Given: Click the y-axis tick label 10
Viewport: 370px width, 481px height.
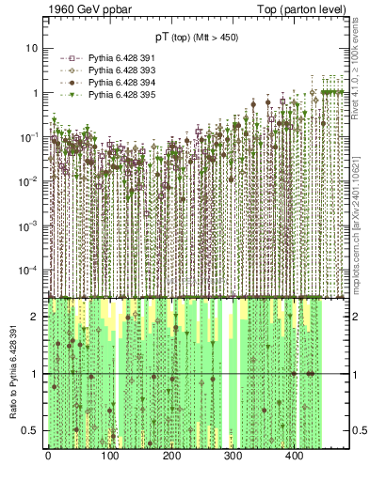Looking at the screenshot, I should coord(31,48).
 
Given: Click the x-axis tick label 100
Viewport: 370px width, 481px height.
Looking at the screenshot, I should coord(109,457).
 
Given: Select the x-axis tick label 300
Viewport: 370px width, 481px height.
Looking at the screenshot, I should coord(233,457).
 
